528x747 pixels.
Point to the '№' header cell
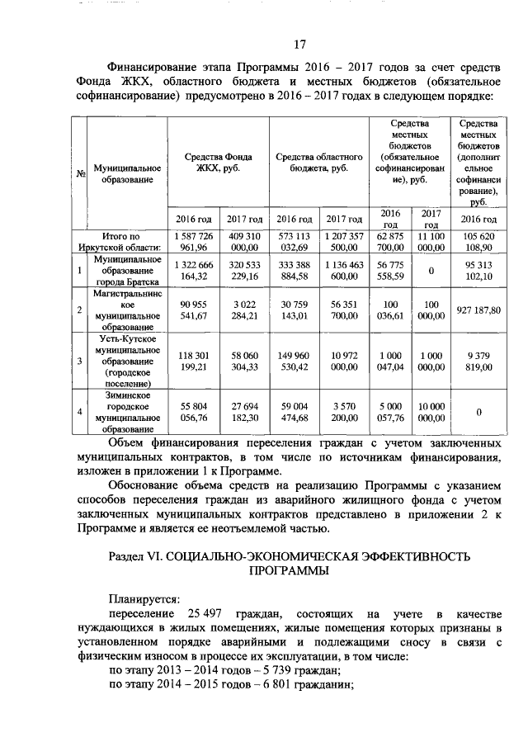pyautogui.click(x=82, y=173)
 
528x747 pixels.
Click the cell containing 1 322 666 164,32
pyautogui.click(x=194, y=269)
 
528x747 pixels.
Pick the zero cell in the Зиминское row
pyautogui.click(x=478, y=411)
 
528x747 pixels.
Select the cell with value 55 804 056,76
pyautogui.click(x=194, y=411)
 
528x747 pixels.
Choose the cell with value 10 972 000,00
pyautogui.click(x=344, y=360)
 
